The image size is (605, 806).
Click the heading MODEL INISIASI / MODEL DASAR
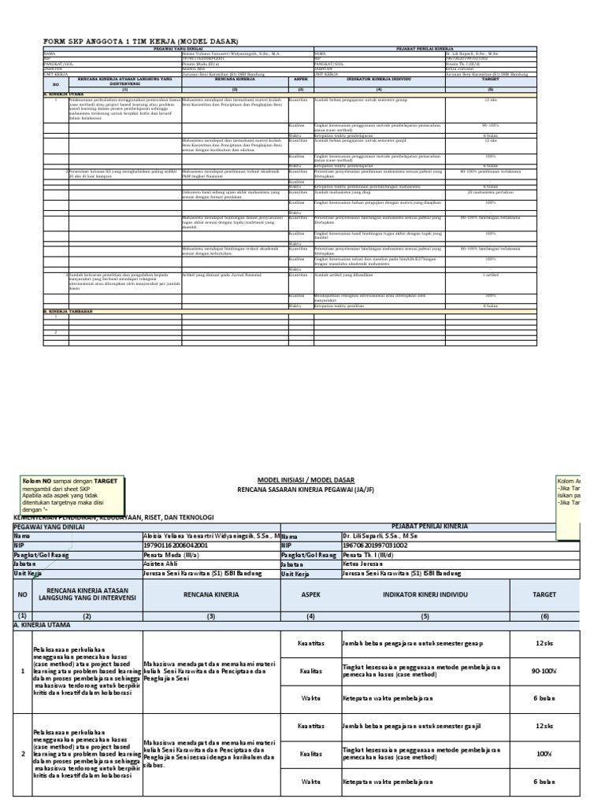[306, 479]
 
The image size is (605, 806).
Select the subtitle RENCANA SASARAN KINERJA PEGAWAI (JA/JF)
[306, 490]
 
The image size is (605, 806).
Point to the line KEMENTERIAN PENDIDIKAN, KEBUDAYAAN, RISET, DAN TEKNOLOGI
[113, 516]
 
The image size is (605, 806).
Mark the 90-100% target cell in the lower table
[544, 671]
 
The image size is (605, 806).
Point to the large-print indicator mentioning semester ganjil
[411, 725]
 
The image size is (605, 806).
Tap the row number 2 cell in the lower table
[22, 753]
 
